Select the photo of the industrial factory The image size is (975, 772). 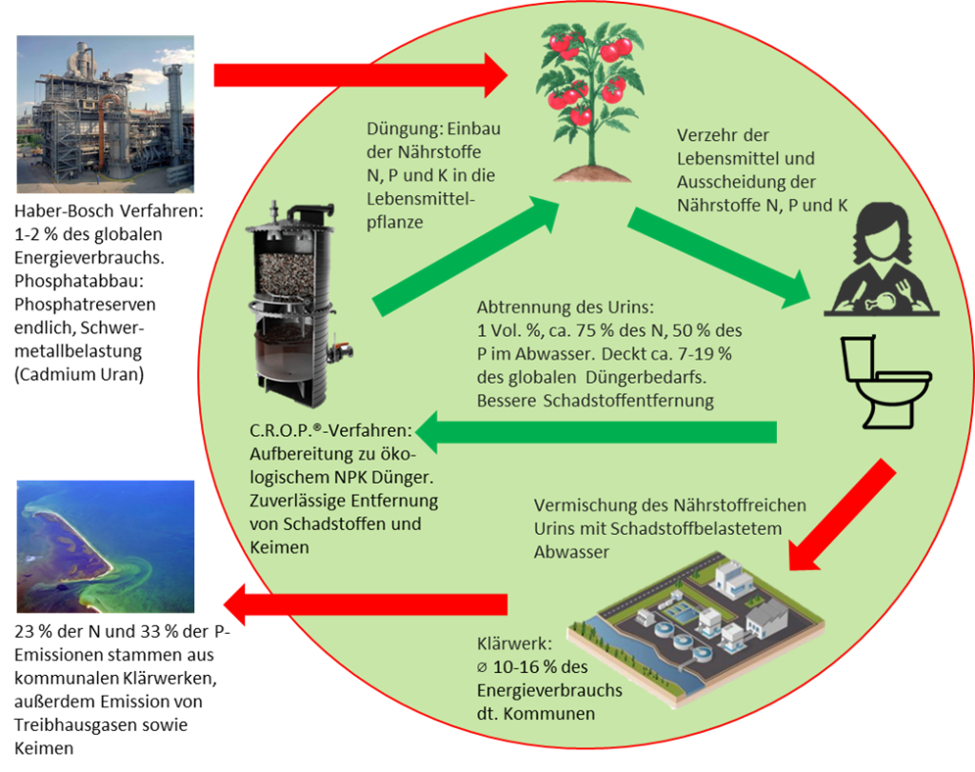tap(105, 114)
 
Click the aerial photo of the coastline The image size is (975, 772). tap(105, 546)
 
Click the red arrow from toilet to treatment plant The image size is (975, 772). tap(843, 514)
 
